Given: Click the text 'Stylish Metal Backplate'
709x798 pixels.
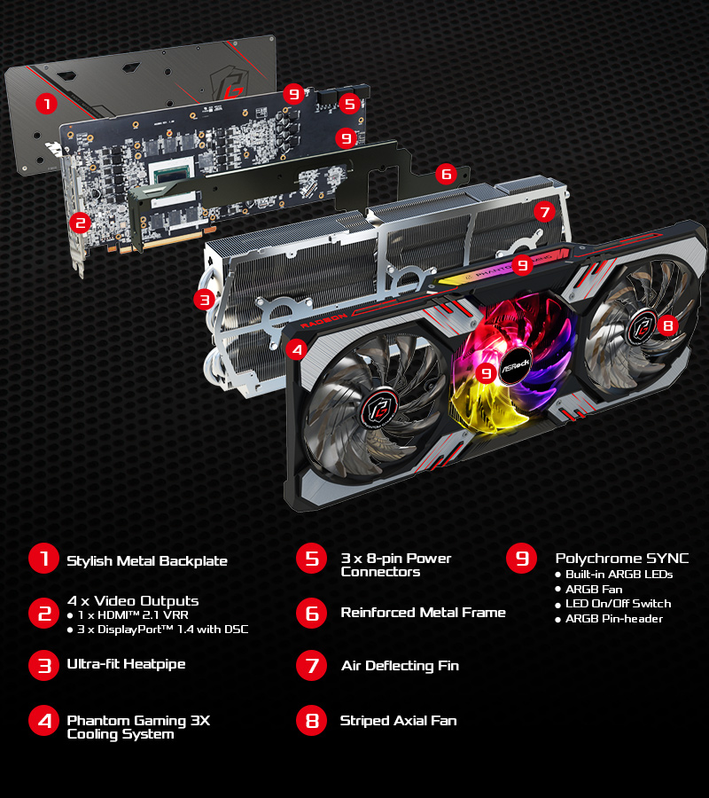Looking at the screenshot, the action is click(147, 561).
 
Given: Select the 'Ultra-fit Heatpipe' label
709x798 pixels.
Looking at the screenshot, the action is click(126, 664).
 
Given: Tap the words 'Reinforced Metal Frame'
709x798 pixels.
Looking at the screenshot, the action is click(423, 612).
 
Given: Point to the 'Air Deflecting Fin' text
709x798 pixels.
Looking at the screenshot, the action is click(401, 666).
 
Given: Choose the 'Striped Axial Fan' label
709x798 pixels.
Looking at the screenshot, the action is click(399, 721).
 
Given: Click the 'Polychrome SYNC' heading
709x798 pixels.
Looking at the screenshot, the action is click(622, 559).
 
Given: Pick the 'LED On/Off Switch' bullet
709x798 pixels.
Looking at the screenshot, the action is click(614, 604).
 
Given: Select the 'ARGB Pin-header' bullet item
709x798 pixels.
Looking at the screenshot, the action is click(610, 619).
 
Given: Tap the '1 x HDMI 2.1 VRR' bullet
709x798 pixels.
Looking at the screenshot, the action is click(128, 614).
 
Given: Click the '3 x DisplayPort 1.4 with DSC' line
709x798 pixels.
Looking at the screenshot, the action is click(158, 630).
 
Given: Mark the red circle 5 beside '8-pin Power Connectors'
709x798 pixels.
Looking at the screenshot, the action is click(311, 559).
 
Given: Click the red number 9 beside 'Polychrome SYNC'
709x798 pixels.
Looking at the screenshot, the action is click(521, 559).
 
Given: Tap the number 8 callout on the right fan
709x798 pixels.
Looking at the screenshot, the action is click(668, 325).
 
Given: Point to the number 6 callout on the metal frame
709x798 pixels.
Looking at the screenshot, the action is click(446, 174).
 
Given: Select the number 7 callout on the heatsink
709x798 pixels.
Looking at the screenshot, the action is click(545, 211).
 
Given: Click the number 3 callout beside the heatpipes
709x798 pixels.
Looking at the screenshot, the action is click(205, 300).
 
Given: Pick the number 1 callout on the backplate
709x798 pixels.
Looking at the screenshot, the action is click(46, 104).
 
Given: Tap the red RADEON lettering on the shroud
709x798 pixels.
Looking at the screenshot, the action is click(324, 321).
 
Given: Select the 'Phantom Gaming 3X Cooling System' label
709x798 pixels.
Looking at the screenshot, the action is click(138, 727).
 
